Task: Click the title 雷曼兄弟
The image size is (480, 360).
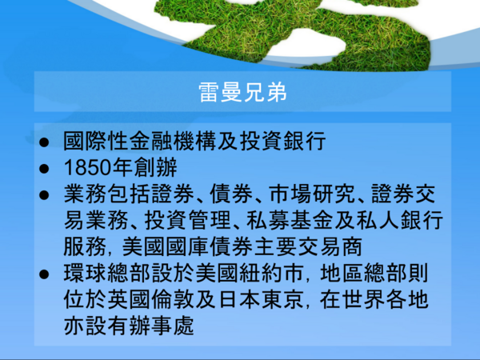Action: coord(242,92)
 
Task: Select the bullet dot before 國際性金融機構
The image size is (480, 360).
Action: coord(44,142)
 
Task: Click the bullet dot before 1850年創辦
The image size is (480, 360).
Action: coord(44,169)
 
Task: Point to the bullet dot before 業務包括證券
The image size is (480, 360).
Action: coord(44,195)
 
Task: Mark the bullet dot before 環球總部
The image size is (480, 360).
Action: coord(44,274)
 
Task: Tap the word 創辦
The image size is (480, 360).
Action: coord(155,168)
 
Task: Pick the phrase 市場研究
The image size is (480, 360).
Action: coord(312,194)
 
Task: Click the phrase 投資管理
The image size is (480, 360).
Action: coord(187,221)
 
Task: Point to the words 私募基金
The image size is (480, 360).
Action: coord(290,221)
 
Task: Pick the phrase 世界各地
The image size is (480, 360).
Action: coord(385,300)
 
